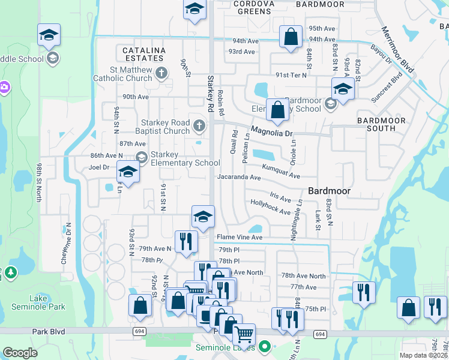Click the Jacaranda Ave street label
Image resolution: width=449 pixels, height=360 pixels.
239,178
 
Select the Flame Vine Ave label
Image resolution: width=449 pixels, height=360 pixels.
240,238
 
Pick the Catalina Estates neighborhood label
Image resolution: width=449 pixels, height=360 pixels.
143,54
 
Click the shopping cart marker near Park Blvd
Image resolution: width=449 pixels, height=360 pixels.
244,334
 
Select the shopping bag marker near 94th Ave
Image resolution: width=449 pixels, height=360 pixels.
291,37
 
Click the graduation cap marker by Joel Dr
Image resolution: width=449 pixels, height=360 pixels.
128,172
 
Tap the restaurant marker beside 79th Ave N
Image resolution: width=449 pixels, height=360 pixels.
186,241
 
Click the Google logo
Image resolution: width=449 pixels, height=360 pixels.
20,353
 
